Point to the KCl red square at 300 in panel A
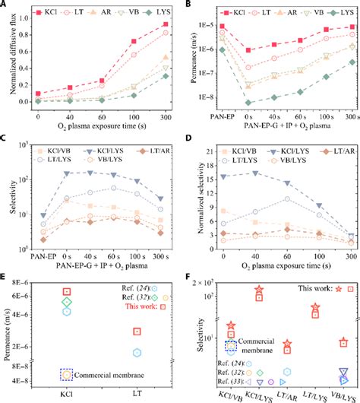(166, 24)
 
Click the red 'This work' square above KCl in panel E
(67, 291)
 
